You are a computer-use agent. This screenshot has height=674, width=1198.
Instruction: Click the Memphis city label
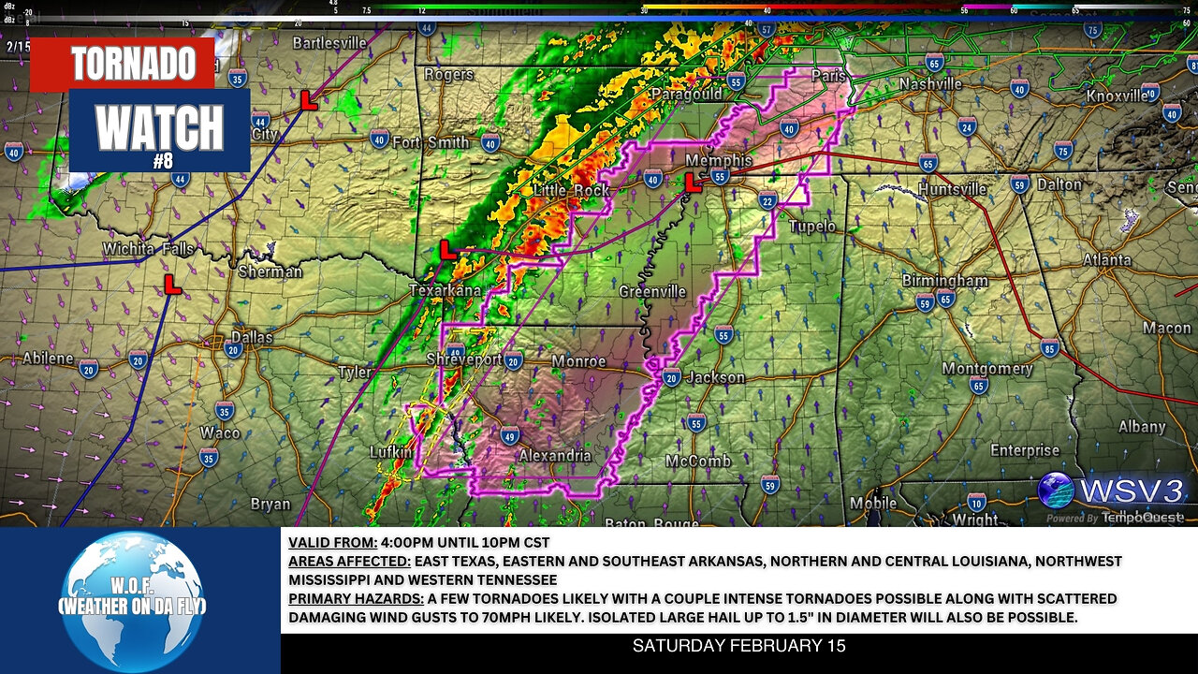719,160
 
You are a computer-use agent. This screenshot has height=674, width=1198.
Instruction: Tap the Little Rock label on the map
571,190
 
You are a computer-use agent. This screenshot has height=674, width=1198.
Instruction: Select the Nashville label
930,84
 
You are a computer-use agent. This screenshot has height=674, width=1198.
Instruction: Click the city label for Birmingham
944,280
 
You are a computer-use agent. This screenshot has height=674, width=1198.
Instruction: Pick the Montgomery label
986,369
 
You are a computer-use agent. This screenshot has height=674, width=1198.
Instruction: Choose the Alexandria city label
555,455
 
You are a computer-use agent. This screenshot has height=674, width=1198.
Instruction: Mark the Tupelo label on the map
811,227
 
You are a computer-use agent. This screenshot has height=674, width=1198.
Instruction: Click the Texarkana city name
446,290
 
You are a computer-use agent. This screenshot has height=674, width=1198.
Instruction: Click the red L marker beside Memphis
693,183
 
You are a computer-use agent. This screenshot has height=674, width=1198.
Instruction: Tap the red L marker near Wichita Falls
171,285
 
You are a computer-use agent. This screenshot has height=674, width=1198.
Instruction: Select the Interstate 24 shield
967,127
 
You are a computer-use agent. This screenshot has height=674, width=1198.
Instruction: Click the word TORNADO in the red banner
133,64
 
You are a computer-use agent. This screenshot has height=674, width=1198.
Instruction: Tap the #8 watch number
162,160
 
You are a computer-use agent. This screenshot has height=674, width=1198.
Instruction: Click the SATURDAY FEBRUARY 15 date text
738,646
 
